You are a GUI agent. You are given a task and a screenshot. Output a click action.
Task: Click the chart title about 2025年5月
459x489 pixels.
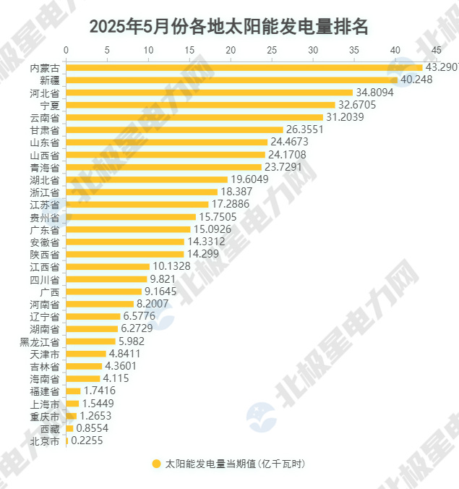pos(229,27)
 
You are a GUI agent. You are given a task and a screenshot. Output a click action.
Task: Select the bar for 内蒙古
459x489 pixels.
pos(244,67)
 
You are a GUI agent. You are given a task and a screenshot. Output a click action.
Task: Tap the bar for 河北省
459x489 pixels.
pos(210,93)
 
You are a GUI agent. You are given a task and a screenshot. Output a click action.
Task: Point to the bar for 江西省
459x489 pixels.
pos(108,266)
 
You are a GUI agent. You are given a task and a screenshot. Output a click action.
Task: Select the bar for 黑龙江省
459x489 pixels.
pos(91,341)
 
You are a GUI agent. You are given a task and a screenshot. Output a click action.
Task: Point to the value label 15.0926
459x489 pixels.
pos(212,229)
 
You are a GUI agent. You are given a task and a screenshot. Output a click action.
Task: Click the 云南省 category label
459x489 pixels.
pos(45,117)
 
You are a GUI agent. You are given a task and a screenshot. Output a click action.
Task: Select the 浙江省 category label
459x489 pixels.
pos(45,192)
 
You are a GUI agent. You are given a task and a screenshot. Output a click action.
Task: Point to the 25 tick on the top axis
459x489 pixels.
pos(272,50)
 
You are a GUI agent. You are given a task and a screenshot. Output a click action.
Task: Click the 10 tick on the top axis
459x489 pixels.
pos(148,50)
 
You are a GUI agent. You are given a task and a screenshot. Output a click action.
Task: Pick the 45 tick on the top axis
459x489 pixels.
pos(436,50)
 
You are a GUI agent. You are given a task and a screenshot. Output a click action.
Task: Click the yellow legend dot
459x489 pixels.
pos(156,464)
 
